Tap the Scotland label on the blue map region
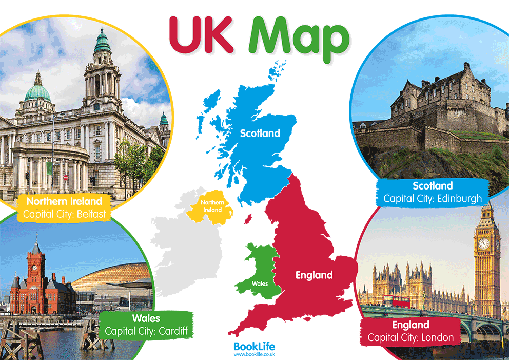pos(261,134)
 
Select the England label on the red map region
pos(314,275)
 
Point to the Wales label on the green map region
pos(259,283)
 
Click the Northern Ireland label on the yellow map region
pos(211,206)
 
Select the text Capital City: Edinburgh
pos(433,198)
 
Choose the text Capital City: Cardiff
pos(145,331)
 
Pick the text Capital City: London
pos(410,337)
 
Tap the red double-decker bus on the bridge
pos(396,301)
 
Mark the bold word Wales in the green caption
pos(145,318)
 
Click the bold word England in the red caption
pos(410,325)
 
